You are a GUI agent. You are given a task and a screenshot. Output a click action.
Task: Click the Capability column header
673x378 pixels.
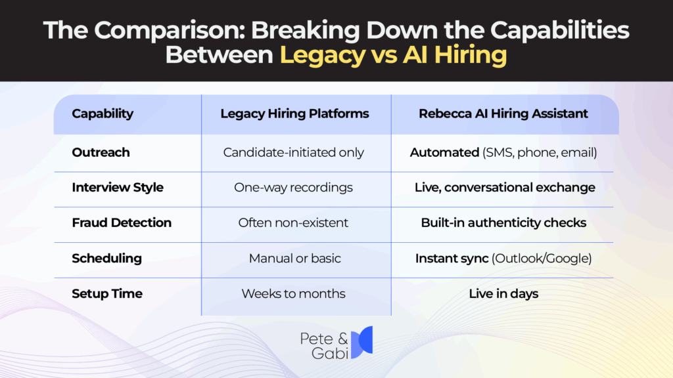(103, 114)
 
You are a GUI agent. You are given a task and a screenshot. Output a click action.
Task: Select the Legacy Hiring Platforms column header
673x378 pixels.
(294, 114)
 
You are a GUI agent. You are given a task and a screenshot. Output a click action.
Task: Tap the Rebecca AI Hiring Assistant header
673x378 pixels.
(503, 114)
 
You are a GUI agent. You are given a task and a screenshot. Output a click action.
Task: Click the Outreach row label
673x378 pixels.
(101, 152)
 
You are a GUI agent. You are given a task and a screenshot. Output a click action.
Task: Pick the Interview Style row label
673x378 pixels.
(118, 188)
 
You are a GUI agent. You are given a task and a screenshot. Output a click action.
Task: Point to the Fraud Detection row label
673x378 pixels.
(122, 223)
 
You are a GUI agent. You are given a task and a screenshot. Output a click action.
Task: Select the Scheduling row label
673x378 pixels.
(106, 259)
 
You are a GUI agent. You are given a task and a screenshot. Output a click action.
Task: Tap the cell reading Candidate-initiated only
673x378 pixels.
(293, 152)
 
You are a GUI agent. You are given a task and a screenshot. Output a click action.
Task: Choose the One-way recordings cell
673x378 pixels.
(293, 188)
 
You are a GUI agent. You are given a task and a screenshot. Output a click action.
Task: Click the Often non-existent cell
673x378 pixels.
(293, 223)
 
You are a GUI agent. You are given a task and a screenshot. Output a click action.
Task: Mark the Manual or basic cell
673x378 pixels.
(294, 259)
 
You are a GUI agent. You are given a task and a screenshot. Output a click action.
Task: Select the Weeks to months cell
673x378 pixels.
(293, 293)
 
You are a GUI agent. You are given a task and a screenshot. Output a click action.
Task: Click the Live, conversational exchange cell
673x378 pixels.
(505, 188)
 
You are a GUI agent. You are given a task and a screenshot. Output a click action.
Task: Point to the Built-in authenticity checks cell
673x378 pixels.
(503, 223)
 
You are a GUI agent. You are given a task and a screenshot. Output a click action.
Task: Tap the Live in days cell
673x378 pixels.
(503, 293)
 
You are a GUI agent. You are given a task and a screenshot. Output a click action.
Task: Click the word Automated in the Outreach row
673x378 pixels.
(444, 152)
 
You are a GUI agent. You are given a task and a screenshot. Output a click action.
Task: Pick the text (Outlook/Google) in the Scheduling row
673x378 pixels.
(542, 259)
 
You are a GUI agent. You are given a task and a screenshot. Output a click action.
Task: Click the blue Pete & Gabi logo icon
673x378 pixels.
(361, 342)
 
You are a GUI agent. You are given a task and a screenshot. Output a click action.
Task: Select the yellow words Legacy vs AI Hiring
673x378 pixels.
(394, 54)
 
